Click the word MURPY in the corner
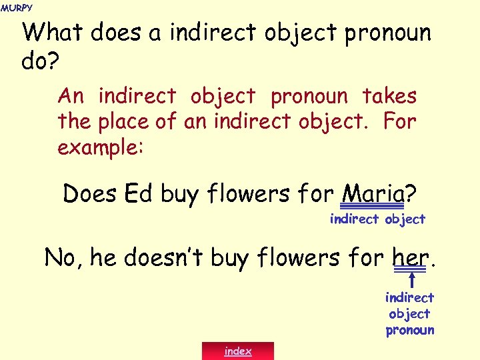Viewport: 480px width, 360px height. pyautogui.click(x=16, y=7)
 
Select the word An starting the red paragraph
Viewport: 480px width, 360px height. pyautogui.click(x=71, y=97)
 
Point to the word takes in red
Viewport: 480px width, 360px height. pyautogui.click(x=389, y=97)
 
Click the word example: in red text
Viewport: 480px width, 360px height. pyautogui.click(x=100, y=147)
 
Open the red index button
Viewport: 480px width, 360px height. pyautogui.click(x=238, y=351)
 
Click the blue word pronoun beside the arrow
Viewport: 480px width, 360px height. pyautogui.click(x=409, y=330)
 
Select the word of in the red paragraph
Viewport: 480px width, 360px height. pyautogui.click(x=168, y=122)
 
